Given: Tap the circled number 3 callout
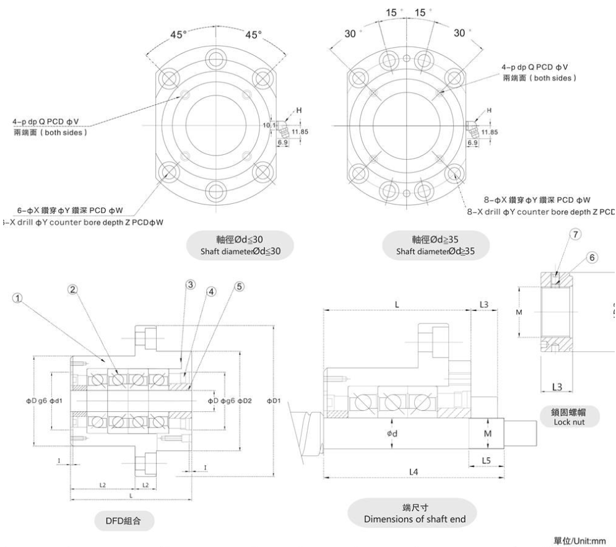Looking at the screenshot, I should pyautogui.click(x=190, y=283).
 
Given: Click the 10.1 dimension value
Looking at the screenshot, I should pyautogui.click(x=268, y=125).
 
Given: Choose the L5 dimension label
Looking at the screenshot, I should pyautogui.click(x=486, y=462).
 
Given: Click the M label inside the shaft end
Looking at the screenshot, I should pyautogui.click(x=487, y=433).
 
